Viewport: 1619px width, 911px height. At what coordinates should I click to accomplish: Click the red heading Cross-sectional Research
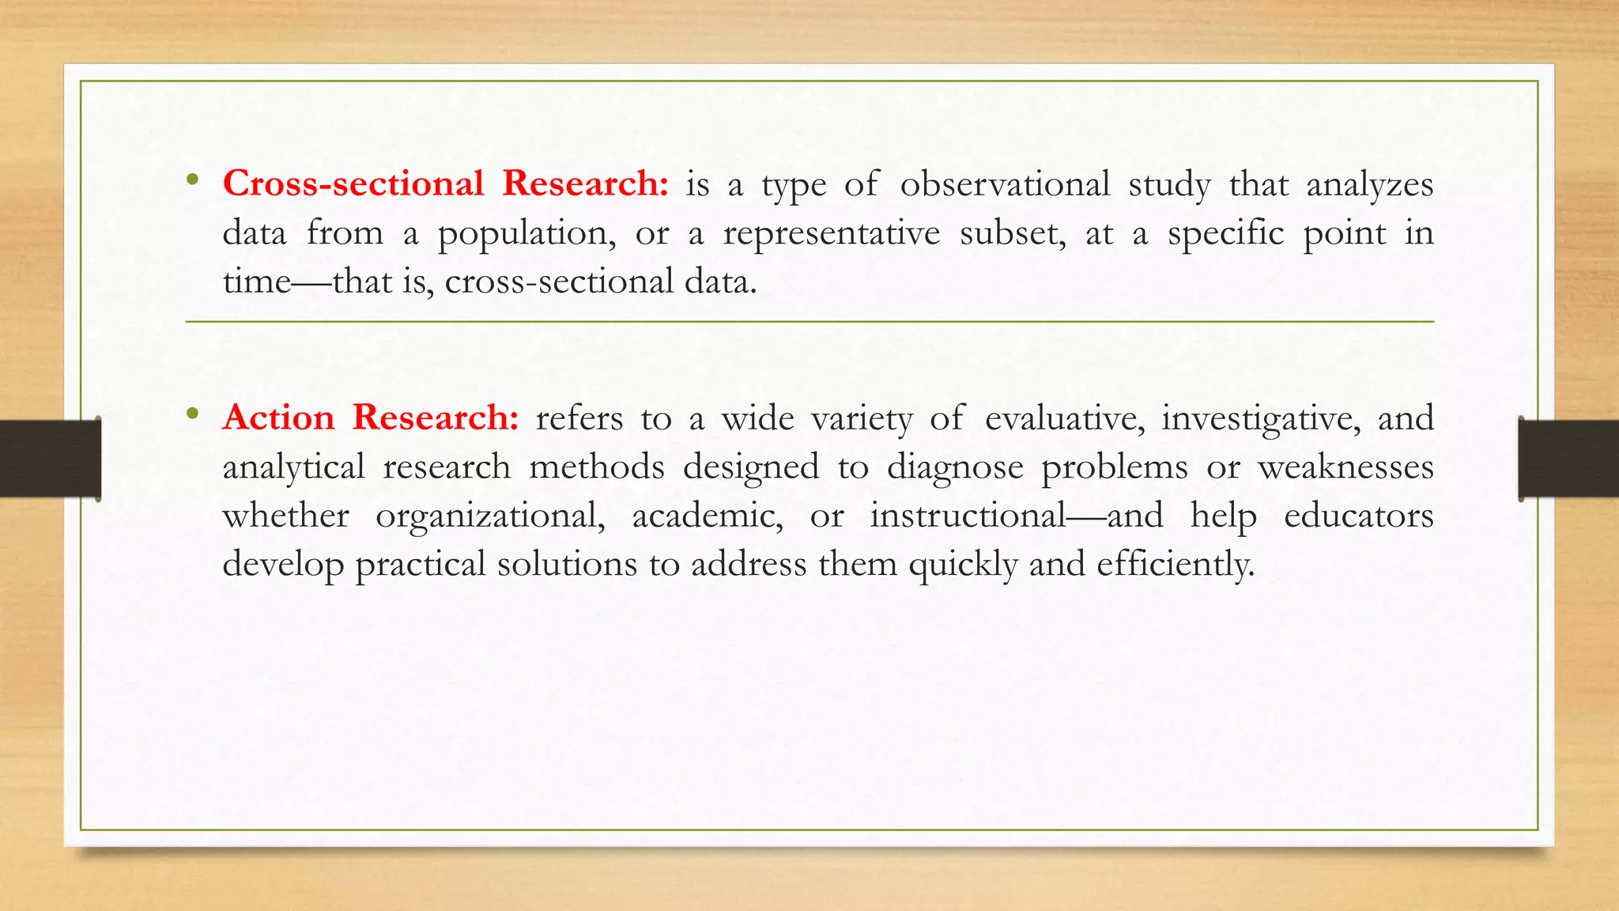(x=445, y=183)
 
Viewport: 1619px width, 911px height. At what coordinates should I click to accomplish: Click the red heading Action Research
(x=370, y=418)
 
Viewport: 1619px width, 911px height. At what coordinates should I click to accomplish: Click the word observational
(x=1005, y=184)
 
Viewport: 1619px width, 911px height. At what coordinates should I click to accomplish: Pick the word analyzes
(x=1370, y=186)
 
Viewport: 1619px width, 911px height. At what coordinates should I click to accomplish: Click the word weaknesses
(x=1345, y=467)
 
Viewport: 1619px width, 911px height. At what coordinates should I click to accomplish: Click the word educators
(x=1358, y=516)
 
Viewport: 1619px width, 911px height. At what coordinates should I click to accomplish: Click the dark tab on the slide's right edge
(x=1568, y=459)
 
